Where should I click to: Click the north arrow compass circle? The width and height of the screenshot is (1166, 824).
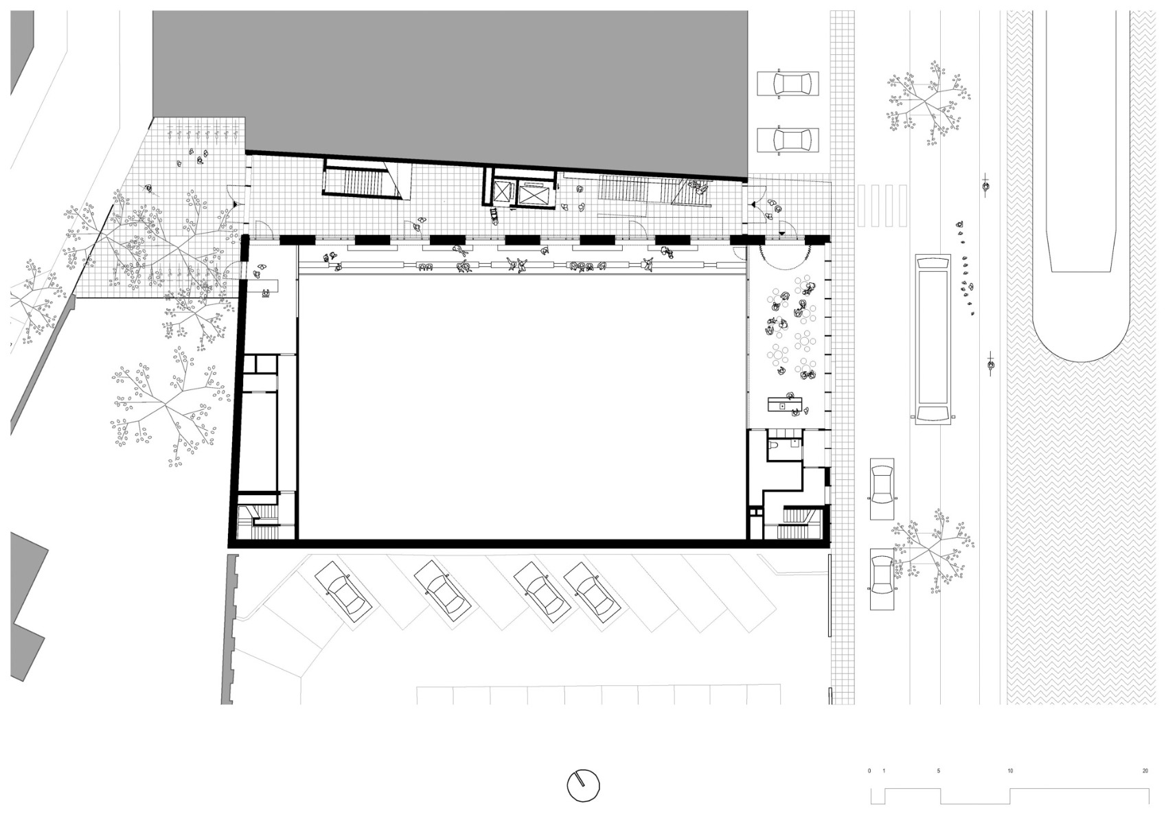pos(583,785)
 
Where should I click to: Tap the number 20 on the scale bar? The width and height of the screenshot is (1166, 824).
pos(1144,771)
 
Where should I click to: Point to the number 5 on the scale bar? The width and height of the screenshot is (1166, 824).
pos(939,771)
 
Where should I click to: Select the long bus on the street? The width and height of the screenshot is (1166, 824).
pos(933,339)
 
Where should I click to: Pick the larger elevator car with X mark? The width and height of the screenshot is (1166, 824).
pos(534,194)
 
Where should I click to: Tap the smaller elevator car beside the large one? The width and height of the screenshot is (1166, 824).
pos(501,192)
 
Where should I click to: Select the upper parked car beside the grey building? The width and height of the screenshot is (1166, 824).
pos(788,84)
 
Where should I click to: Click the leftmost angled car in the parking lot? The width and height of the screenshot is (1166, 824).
pos(343,590)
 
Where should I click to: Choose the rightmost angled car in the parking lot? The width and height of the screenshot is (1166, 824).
pos(594,591)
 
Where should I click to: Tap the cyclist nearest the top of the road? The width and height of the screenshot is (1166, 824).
pos(986,185)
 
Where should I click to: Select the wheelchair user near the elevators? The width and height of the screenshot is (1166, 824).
pos(494,216)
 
